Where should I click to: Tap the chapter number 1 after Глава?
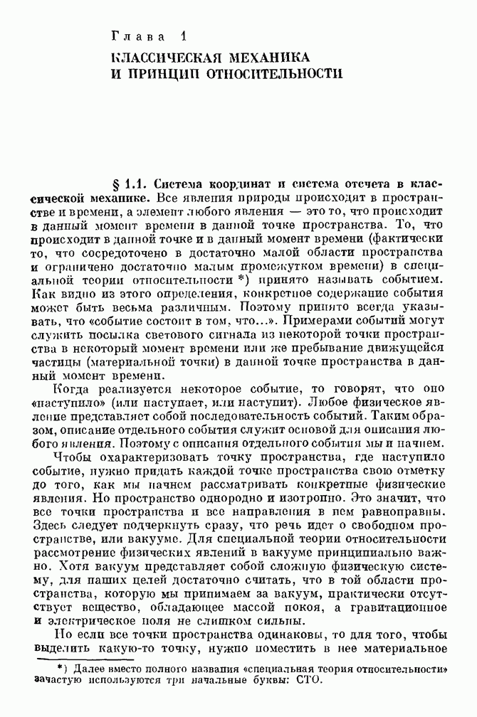pyautogui.click(x=182, y=36)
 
